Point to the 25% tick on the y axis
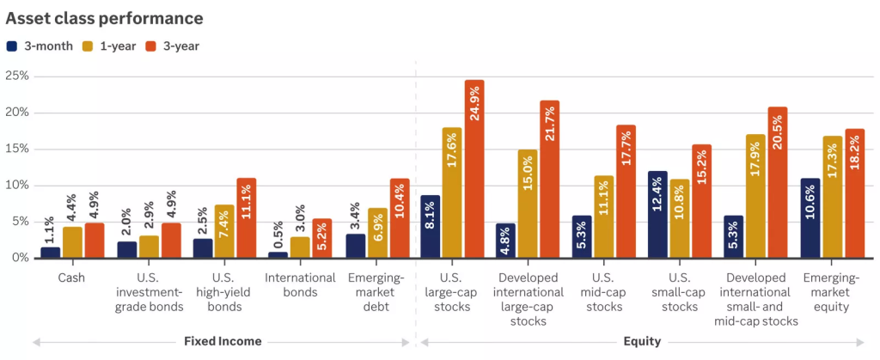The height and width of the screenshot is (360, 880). click(x=17, y=76)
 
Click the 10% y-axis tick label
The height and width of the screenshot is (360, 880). click(x=17, y=186)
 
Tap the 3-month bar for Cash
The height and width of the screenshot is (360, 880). click(x=51, y=252)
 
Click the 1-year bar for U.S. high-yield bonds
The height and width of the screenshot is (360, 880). click(x=224, y=231)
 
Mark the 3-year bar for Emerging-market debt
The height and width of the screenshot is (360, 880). click(x=400, y=218)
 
